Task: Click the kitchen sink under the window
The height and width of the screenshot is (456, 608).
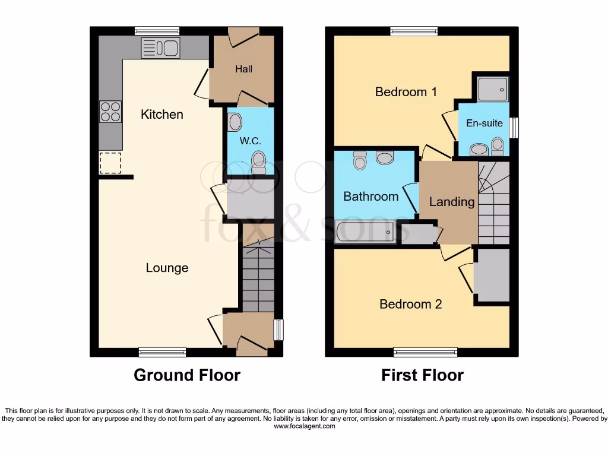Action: [160, 47]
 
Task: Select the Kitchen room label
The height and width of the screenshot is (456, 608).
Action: [161, 114]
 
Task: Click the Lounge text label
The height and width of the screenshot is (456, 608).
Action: [167, 268]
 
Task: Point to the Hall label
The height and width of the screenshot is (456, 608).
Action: [243, 69]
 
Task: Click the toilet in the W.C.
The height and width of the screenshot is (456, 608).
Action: [259, 161]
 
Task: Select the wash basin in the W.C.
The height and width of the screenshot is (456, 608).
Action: [235, 122]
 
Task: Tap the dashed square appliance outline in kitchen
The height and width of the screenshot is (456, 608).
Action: [110, 163]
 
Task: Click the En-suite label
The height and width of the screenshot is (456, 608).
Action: [484, 123]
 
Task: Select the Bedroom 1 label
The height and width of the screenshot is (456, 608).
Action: [406, 91]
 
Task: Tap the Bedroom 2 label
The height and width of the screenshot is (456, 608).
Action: [411, 304]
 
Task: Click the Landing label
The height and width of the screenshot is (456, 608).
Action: [452, 202]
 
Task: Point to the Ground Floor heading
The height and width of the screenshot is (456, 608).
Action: [187, 375]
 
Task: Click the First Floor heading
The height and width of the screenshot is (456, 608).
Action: [422, 375]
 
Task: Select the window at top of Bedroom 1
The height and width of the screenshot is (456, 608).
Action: [414, 31]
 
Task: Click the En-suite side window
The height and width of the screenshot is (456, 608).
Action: [514, 126]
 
